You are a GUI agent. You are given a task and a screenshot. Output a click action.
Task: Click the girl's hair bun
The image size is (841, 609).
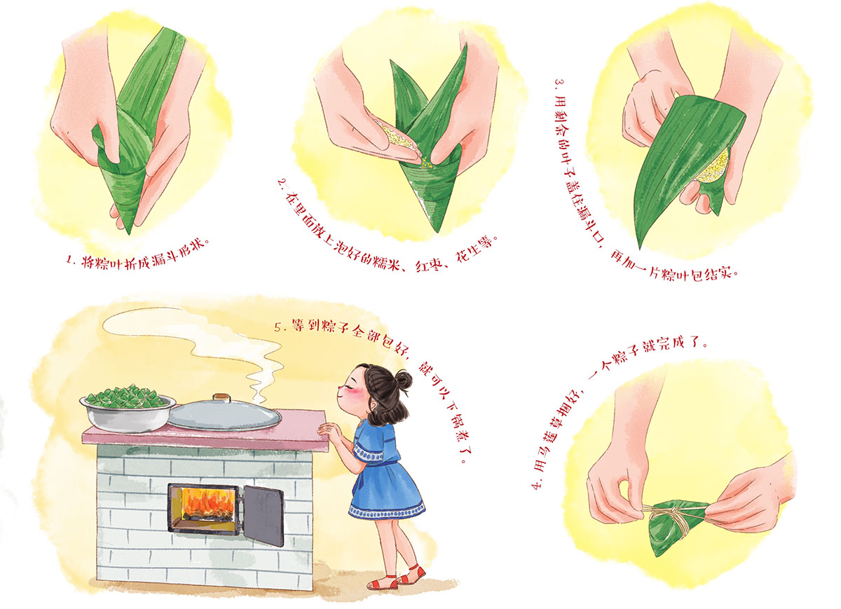coord(403,379)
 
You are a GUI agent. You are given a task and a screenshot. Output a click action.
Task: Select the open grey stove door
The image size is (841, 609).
coord(264,516)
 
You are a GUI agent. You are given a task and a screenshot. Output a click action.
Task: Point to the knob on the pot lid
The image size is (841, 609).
coord(221,397)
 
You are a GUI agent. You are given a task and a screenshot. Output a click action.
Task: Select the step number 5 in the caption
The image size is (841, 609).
coord(278,327)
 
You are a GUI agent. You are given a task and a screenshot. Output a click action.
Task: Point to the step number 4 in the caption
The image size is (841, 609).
coord(538,485)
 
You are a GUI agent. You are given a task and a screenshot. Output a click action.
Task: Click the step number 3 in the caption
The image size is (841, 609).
coord(559,83)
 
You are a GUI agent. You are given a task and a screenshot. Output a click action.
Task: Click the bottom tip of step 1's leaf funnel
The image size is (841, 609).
coord(129,233)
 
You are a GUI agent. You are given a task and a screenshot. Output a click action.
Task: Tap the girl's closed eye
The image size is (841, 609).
coord(352,388)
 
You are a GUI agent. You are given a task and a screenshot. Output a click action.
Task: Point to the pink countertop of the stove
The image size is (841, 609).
coord(205,432)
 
